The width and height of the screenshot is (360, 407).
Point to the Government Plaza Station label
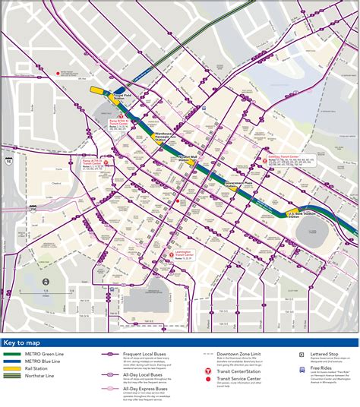click(238, 184)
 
